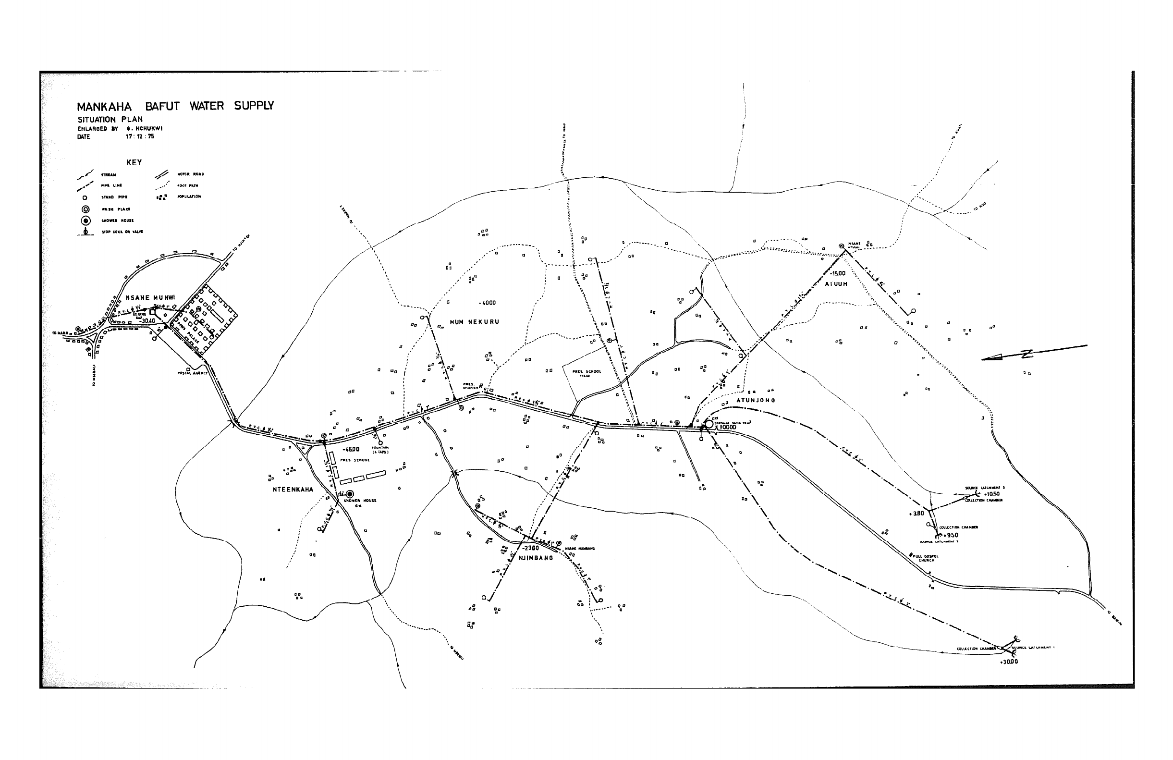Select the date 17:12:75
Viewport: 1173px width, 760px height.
139,136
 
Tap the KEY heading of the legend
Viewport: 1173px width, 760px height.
134,162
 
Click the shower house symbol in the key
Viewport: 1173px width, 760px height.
86,221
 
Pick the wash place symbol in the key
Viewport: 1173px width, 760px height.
86,209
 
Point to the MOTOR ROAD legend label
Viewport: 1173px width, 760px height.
190,174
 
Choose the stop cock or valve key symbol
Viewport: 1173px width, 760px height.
86,232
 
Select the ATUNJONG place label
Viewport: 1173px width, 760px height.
756,400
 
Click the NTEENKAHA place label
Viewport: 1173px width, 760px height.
293,490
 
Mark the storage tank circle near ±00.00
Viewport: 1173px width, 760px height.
709,424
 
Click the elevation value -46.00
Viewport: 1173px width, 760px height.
351,449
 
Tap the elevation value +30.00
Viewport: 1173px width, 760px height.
1008,662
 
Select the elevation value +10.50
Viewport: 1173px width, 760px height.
991,494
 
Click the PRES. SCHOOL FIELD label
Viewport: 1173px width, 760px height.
586,373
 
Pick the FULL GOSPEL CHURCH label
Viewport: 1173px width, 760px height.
926,558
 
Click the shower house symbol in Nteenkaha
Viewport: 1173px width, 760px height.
350,494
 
